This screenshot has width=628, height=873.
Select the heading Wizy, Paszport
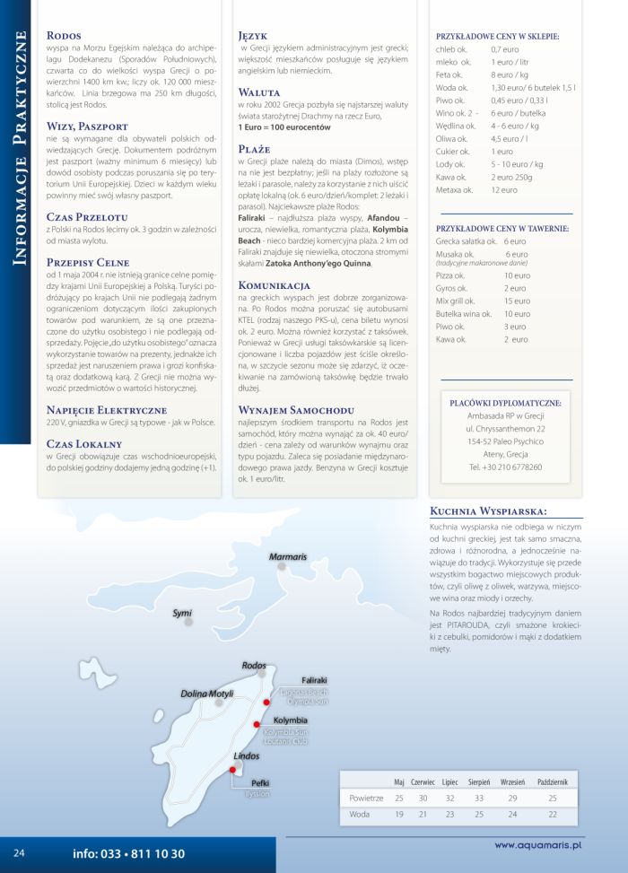(87, 127)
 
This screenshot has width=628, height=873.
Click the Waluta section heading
(259, 92)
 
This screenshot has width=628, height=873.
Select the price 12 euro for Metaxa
(504, 190)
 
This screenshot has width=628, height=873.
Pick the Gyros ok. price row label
(452, 288)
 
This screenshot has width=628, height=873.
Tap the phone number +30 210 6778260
(505, 467)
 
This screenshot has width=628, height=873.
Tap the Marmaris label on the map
(288, 557)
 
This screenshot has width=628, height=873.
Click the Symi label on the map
(182, 613)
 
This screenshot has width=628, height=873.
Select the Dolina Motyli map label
(206, 694)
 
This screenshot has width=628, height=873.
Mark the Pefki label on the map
(260, 782)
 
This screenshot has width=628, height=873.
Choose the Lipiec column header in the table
(449, 781)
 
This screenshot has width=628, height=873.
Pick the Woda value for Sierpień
(478, 815)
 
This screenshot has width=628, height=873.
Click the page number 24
(19, 852)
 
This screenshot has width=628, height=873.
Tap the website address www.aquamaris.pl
(538, 844)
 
